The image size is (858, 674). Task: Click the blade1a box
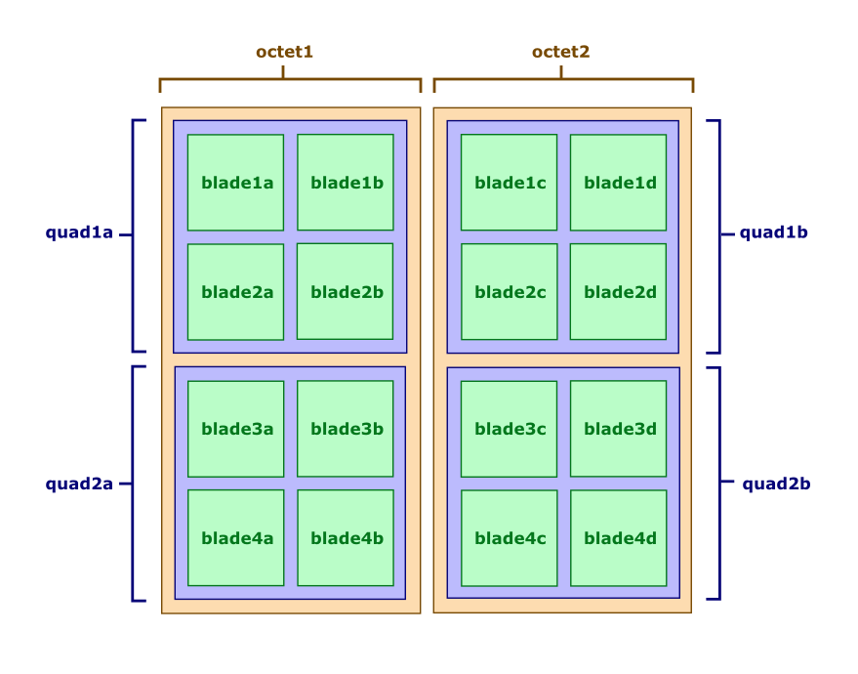pos(235,183)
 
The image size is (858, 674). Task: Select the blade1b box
pos(346,183)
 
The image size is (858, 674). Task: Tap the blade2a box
pos(235,292)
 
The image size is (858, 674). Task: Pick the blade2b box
pos(346,292)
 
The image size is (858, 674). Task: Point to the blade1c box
pos(509,183)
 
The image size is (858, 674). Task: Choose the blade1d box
pos(619,183)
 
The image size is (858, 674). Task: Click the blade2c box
pos(509,292)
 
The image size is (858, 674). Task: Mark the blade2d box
pos(619,292)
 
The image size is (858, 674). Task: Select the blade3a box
pos(235,429)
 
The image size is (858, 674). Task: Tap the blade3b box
pos(346,429)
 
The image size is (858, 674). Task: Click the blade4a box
pos(235,538)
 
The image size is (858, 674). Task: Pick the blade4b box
pos(346,538)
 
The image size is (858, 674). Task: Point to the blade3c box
pos(509,429)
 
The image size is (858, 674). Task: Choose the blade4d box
pos(619,538)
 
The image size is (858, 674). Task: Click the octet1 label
pos(284,52)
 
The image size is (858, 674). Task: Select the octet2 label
pos(561,52)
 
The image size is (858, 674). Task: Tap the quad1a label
pos(80,233)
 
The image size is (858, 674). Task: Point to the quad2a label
pos(80,484)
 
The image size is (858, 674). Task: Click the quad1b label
pos(774,233)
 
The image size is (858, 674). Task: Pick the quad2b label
pos(777,484)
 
